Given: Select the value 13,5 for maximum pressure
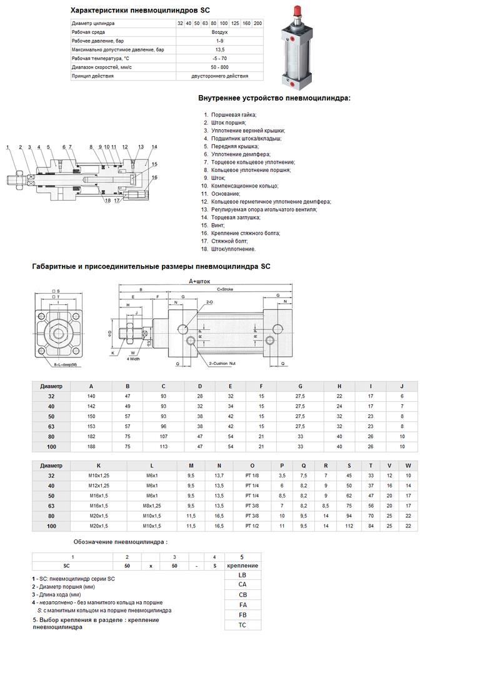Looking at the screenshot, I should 219,49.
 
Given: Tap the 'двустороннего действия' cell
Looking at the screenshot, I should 219,76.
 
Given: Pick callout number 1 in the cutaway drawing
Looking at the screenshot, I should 8,147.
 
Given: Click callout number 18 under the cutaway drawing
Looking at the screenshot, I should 107,201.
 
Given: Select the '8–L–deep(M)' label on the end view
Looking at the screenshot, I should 66,364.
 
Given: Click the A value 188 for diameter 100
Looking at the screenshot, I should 91,446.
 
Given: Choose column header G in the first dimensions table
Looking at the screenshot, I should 300,386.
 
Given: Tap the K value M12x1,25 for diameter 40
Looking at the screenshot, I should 99,485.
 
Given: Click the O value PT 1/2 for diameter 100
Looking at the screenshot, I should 252,526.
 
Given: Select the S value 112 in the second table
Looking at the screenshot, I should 349,526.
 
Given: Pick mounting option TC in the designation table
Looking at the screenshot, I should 242,624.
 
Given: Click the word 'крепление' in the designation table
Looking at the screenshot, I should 242,566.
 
